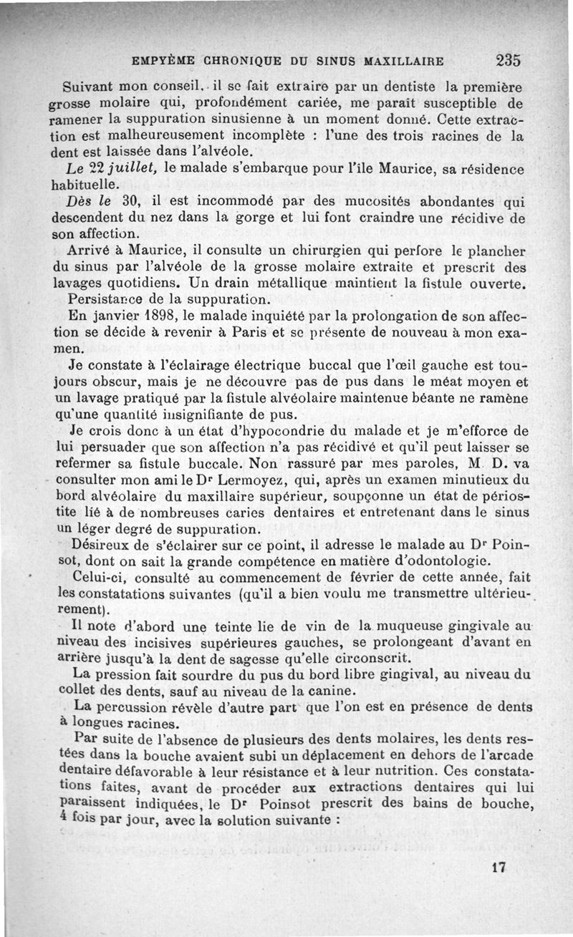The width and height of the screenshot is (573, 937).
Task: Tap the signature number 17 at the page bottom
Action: point(499,867)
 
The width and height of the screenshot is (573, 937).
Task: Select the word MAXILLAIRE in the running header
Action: point(405,61)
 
